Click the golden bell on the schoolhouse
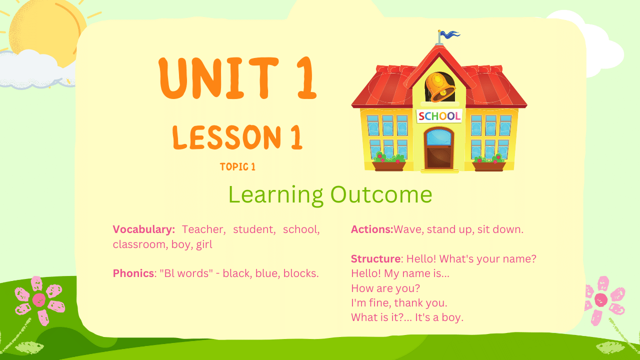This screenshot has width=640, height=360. coord(439,87)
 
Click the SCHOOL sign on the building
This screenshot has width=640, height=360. coord(439,116)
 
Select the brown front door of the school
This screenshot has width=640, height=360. coord(439,148)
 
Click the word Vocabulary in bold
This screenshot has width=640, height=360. coord(143,229)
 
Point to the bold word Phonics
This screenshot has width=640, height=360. coord(133,273)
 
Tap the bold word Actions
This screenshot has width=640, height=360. coord(372,229)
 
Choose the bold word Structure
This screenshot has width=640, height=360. coord(375,259)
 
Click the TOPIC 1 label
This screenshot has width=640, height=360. coord(237,167)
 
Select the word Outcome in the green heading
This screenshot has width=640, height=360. coord(381,194)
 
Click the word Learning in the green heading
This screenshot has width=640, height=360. coord(275,195)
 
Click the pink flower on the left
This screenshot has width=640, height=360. coord(39,300)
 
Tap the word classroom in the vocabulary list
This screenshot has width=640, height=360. coord(139,244)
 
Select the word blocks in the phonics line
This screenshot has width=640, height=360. coord(300,273)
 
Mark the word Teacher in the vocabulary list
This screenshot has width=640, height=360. coord(203,229)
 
